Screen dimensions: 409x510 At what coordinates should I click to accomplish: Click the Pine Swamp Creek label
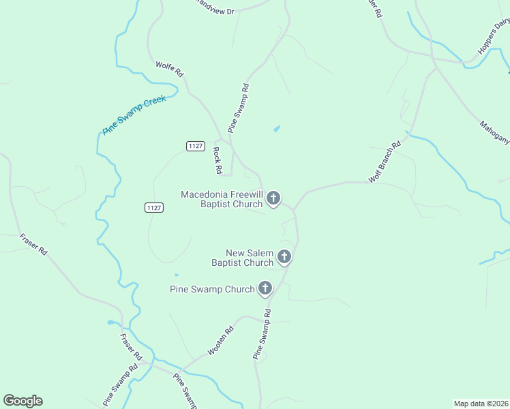[134, 114]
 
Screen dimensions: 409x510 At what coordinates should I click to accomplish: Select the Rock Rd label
[218, 160]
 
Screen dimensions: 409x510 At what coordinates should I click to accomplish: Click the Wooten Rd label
[220, 342]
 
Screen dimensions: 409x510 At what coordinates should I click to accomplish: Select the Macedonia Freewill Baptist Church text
[222, 199]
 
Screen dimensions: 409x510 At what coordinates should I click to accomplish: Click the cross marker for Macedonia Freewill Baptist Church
[273, 198]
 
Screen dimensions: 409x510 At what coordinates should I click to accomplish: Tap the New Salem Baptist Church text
[242, 258]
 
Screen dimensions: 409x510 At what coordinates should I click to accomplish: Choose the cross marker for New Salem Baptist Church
[284, 257]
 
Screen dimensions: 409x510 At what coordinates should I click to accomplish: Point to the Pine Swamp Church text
[211, 289]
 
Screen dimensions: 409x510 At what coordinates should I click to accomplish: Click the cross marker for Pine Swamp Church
[265, 288]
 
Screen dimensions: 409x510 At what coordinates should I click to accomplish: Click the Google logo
[22, 401]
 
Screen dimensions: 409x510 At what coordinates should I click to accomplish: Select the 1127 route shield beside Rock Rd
[196, 146]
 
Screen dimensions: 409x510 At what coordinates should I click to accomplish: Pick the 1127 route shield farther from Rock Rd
[154, 207]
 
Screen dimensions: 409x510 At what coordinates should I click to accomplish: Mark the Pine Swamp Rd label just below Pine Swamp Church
[262, 334]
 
